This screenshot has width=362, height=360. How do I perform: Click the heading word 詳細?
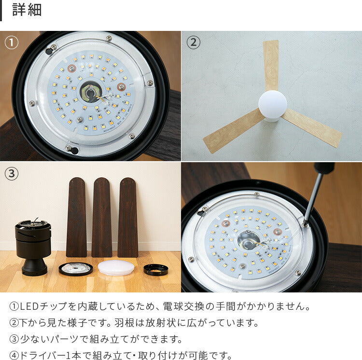[27, 10]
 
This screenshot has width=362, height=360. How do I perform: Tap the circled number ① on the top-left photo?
[12, 42]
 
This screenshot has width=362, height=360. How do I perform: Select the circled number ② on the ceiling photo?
[193, 42]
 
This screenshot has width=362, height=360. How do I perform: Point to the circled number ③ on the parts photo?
[12, 173]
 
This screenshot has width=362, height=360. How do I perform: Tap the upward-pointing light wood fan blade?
[271, 65]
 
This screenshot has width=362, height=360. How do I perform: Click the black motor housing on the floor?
[33, 247]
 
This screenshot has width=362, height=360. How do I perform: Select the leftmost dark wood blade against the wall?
[76, 217]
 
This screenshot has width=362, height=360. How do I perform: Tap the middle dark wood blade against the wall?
[102, 217]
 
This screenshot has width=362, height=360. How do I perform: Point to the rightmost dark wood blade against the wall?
[128, 217]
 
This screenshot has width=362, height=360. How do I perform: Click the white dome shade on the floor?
[116, 268]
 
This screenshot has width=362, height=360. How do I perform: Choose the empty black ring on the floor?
[156, 269]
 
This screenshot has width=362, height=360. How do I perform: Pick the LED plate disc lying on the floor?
[76, 269]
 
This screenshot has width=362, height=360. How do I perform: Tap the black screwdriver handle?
[324, 168]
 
